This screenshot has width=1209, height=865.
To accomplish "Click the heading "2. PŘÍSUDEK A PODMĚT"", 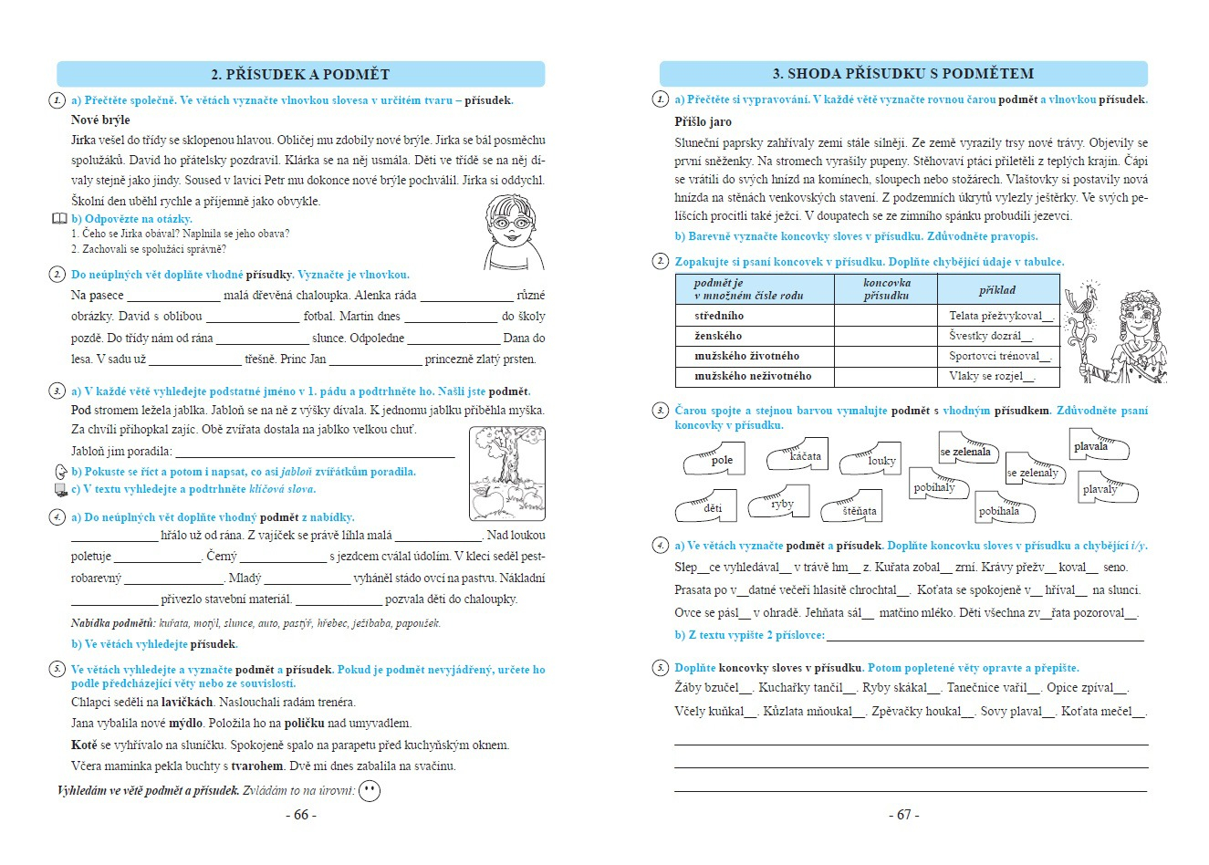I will [300, 75].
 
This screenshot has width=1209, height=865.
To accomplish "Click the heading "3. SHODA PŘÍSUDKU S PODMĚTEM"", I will [902, 74].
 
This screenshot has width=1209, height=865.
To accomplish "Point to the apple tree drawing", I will [506, 473].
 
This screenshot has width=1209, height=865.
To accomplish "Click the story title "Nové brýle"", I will [100, 120].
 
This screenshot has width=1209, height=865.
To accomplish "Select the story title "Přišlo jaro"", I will [703, 121].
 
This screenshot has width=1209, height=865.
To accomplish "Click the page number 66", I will [301, 815].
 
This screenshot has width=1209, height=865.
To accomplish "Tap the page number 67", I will [903, 815].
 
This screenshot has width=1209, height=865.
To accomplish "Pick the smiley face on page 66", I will [370, 791].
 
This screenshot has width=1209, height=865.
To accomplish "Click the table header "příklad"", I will [997, 290].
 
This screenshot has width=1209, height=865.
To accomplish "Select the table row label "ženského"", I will [718, 336].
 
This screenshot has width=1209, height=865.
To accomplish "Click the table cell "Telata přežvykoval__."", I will [1001, 316].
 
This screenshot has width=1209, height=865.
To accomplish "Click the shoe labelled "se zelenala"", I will [966, 451].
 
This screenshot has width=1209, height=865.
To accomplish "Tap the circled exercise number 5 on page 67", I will [661, 668].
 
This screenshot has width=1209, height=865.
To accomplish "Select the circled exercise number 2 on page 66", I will [57, 275].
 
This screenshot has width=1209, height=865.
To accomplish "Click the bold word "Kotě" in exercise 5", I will [84, 745].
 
